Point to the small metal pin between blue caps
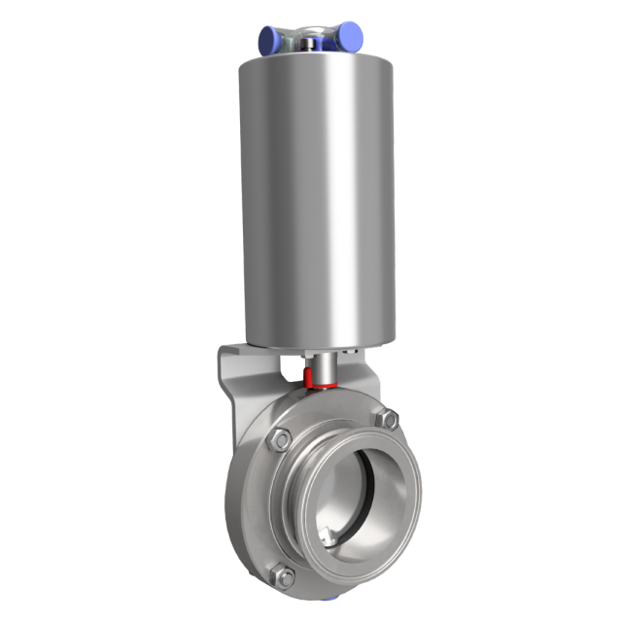tap(309, 42)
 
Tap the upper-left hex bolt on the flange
tap(278, 439)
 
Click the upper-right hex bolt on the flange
tap(388, 419)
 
